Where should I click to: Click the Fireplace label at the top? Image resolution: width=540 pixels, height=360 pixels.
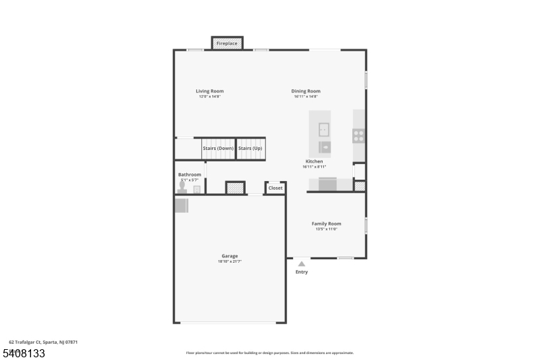[x=227, y=43]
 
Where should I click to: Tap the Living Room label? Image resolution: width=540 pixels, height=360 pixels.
[x=209, y=91]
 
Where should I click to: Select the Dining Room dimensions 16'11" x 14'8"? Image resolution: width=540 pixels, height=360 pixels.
[x=306, y=97]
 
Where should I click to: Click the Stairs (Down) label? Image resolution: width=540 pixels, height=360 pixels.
[x=218, y=148]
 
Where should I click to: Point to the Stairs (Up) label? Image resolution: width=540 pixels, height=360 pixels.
[x=250, y=148]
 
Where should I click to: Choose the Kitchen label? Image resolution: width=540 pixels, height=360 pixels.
[x=314, y=161]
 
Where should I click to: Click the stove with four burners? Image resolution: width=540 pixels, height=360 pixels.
[x=358, y=135]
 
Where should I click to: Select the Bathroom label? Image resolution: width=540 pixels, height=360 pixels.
[x=190, y=174]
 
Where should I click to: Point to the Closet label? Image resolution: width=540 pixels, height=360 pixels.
[x=275, y=188]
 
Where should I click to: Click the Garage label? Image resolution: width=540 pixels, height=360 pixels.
[x=230, y=256]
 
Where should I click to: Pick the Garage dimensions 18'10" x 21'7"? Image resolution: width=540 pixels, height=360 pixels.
[x=230, y=261]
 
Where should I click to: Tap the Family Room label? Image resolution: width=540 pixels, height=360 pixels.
[x=326, y=224]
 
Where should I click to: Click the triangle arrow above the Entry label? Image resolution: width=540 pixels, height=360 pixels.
[x=302, y=264]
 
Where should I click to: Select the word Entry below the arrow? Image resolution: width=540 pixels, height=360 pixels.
[x=302, y=272]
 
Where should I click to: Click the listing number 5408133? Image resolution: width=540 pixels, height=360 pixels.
[x=24, y=353]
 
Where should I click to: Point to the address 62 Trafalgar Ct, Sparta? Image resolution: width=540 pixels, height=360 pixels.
[x=43, y=342]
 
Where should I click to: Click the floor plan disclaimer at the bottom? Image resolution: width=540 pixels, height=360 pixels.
[x=269, y=353]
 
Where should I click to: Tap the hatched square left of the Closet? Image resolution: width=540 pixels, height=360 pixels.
[x=235, y=188]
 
